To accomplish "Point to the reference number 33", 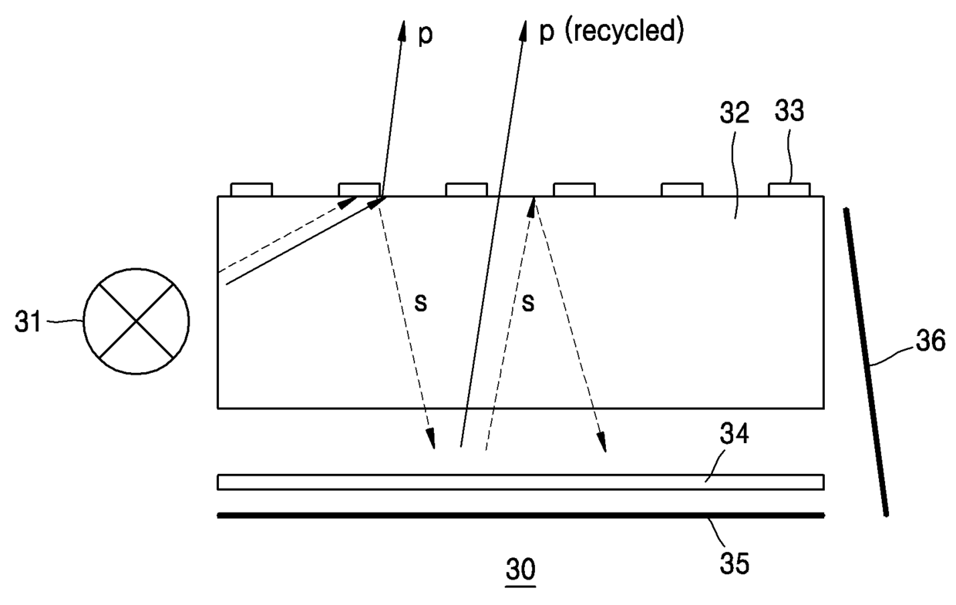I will (x=788, y=113).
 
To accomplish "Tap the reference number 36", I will (x=930, y=340).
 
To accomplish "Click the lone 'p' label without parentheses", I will (x=425, y=35).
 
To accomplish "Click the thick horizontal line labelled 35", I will (x=520, y=515).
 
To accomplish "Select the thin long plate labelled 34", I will (x=520, y=482).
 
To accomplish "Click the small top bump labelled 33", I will (x=789, y=190).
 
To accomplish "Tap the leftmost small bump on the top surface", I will (x=252, y=190).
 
